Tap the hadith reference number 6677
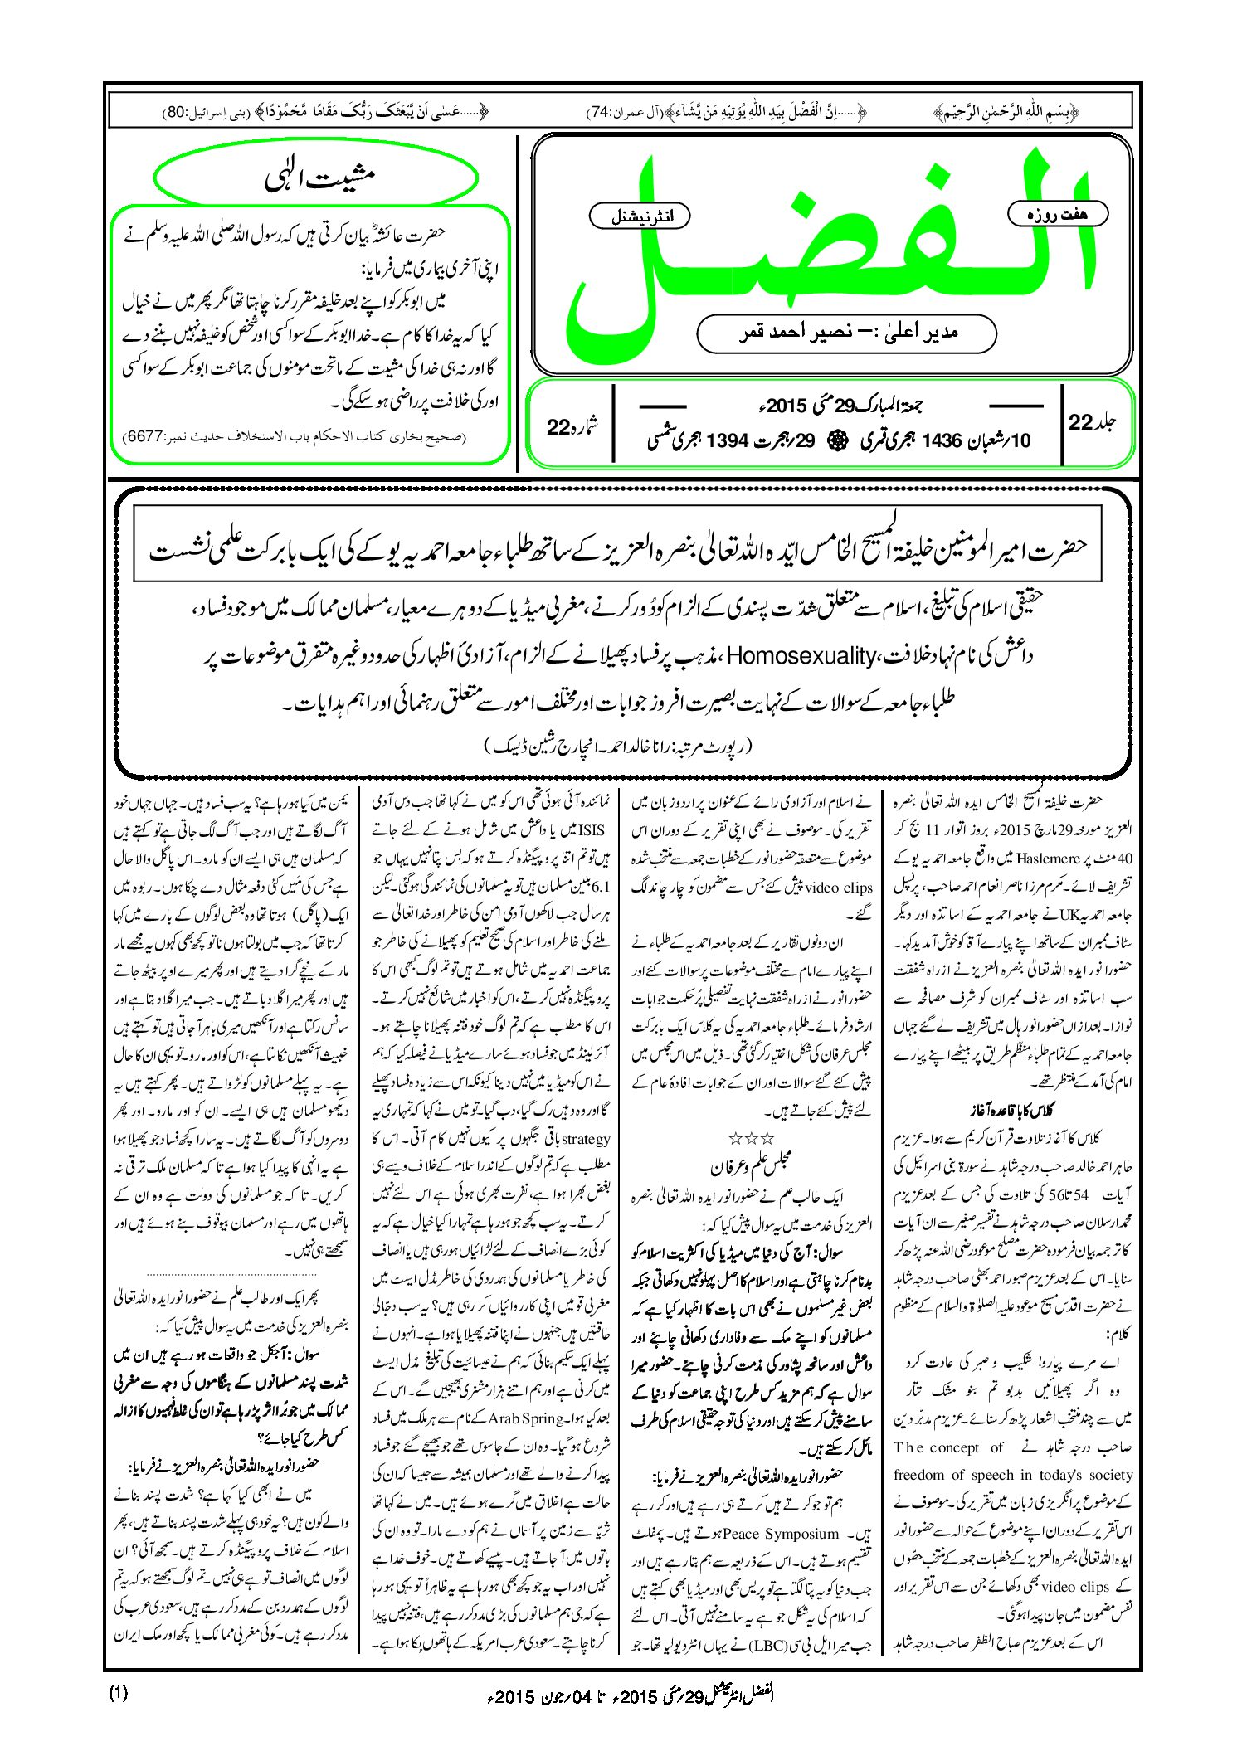coord(146,435)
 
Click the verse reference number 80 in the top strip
coord(175,109)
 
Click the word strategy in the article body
coord(587,1139)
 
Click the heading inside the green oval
coord(319,178)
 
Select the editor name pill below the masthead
coord(845,333)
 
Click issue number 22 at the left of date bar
coord(559,426)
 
